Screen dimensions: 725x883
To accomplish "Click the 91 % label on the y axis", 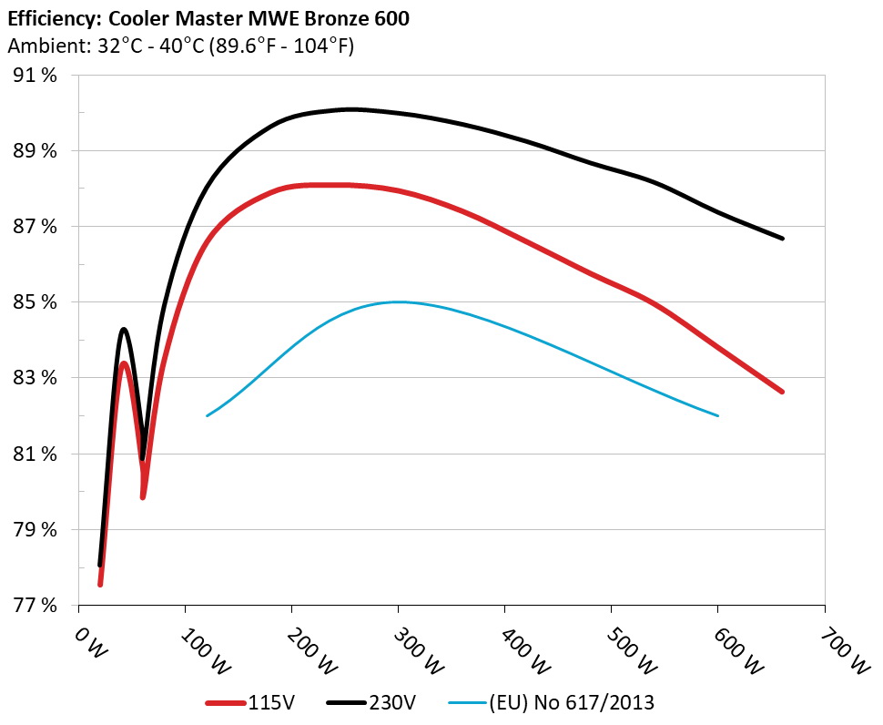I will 37,76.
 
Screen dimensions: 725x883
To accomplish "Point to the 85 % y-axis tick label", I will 37,302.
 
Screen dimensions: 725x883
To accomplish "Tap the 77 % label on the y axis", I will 37,605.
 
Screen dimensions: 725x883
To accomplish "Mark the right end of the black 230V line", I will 783,239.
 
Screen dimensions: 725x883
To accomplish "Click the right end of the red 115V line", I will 782,392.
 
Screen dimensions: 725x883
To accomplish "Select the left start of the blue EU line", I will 208,415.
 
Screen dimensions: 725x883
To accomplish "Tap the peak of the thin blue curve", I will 398,301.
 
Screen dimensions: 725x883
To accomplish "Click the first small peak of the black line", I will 124,330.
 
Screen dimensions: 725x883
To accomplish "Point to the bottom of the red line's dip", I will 143,496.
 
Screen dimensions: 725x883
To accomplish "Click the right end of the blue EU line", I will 718,415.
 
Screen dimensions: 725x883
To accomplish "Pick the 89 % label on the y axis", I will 37,151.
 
